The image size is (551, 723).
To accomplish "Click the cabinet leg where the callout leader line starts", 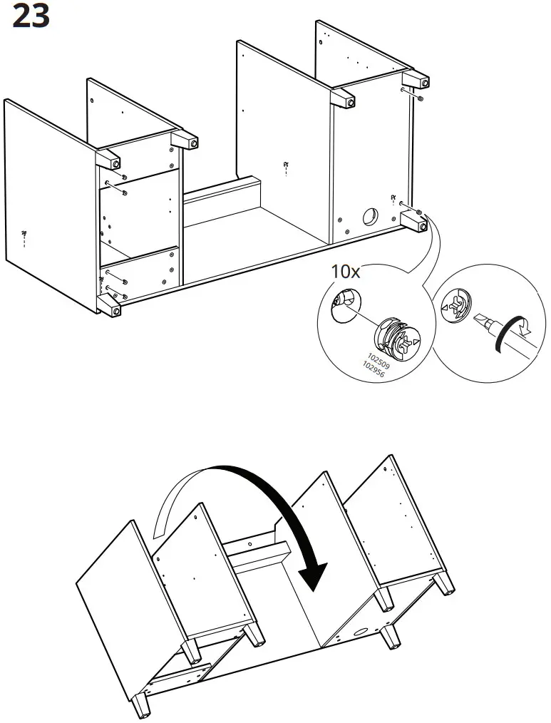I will (413, 222).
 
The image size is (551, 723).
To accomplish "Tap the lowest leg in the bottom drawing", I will (143, 705).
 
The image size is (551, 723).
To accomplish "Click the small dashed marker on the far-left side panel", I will (24, 237).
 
